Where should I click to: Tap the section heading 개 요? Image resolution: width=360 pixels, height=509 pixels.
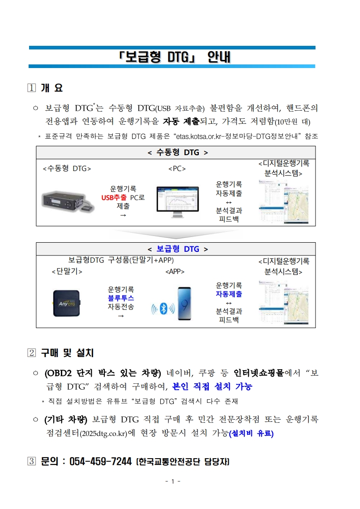pos(51,88)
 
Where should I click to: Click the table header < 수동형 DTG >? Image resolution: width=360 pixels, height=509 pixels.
pos(178,152)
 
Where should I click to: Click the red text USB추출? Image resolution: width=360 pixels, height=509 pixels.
pos(114,197)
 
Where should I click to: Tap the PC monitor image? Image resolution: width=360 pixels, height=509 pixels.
pos(178,201)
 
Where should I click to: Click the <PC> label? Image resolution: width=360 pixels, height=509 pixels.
pos(177,169)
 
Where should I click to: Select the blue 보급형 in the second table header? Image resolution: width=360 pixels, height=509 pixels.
pos(168,249)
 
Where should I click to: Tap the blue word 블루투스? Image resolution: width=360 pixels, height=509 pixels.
pos(121,298)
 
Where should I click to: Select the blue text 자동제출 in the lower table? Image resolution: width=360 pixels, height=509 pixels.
pos(229,294)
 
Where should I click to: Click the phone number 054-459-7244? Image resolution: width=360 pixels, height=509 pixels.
pos(97,462)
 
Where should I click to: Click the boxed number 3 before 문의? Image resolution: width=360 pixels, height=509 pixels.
pos(31,462)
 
